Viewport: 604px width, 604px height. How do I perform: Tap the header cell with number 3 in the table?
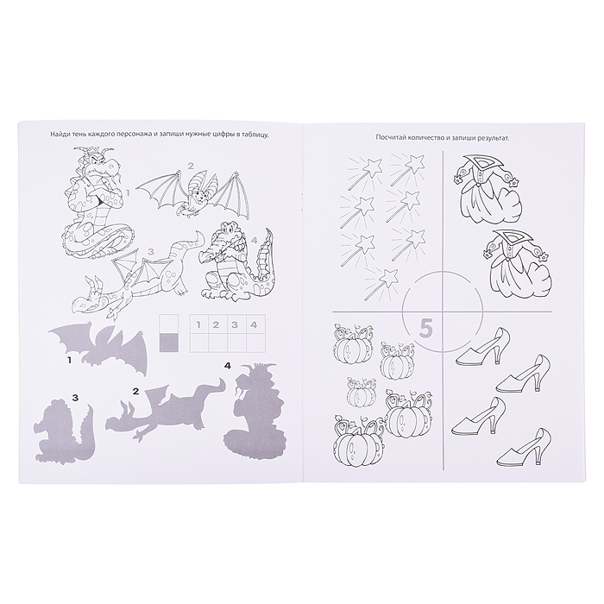[x=234, y=324]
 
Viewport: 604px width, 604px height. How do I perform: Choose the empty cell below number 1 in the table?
[x=198, y=343]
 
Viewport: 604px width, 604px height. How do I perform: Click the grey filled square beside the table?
[x=169, y=343]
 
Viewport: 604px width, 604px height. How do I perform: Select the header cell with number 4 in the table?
[x=253, y=324]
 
